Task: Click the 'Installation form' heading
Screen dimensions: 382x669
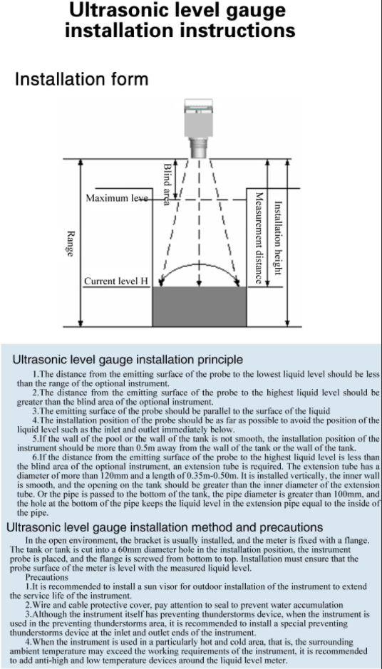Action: [x=81, y=78]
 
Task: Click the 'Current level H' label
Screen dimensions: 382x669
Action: [x=115, y=281]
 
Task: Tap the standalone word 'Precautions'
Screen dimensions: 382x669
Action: [x=46, y=577]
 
